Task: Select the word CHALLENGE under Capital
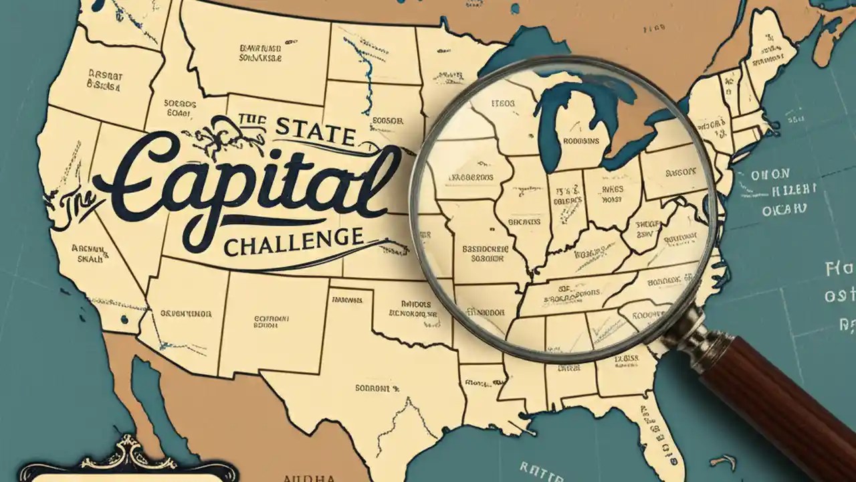(294, 240)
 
